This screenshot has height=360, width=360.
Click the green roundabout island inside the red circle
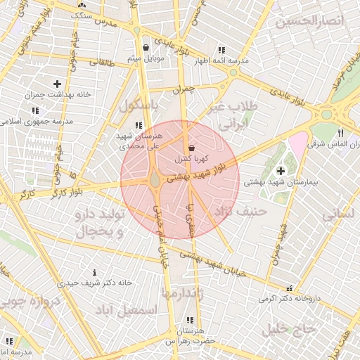pos(154,181)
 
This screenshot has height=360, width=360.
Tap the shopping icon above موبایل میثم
pos(145,48)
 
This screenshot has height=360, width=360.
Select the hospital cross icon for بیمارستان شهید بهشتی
pos(281,170)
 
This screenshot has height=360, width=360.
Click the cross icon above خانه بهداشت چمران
pos(58,84)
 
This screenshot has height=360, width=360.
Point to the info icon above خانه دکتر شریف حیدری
pos(94,272)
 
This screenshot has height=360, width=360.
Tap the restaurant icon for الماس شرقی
pos(340,133)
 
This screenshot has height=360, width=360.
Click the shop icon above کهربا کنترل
pos(191,148)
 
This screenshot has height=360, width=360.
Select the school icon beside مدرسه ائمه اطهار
pos(221,50)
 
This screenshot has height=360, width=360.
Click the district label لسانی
pos(341,214)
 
